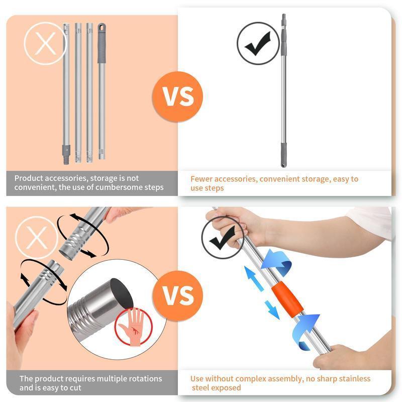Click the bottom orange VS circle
pos(179,295)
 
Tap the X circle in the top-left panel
pos(45,45)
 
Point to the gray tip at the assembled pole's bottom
pos(284,155)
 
